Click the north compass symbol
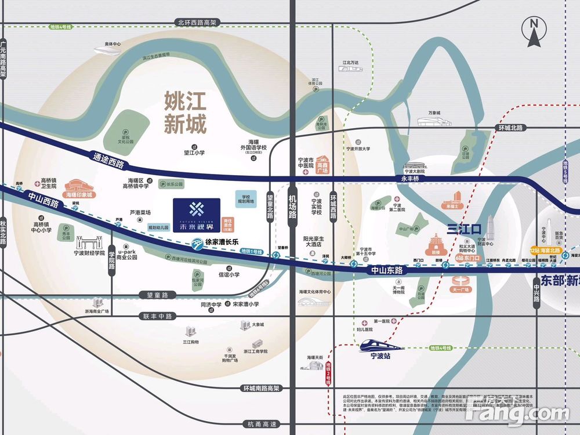534,32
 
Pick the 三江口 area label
465,227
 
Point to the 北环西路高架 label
197,22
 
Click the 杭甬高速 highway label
262,425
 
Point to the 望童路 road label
157,295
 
